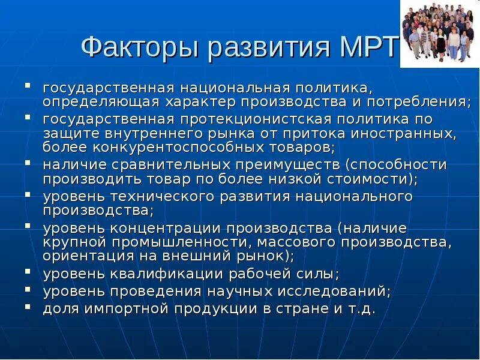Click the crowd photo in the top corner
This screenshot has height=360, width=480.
(439, 33)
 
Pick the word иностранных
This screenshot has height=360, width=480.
(409, 133)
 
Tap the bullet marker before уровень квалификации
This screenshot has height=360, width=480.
(28, 272)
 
